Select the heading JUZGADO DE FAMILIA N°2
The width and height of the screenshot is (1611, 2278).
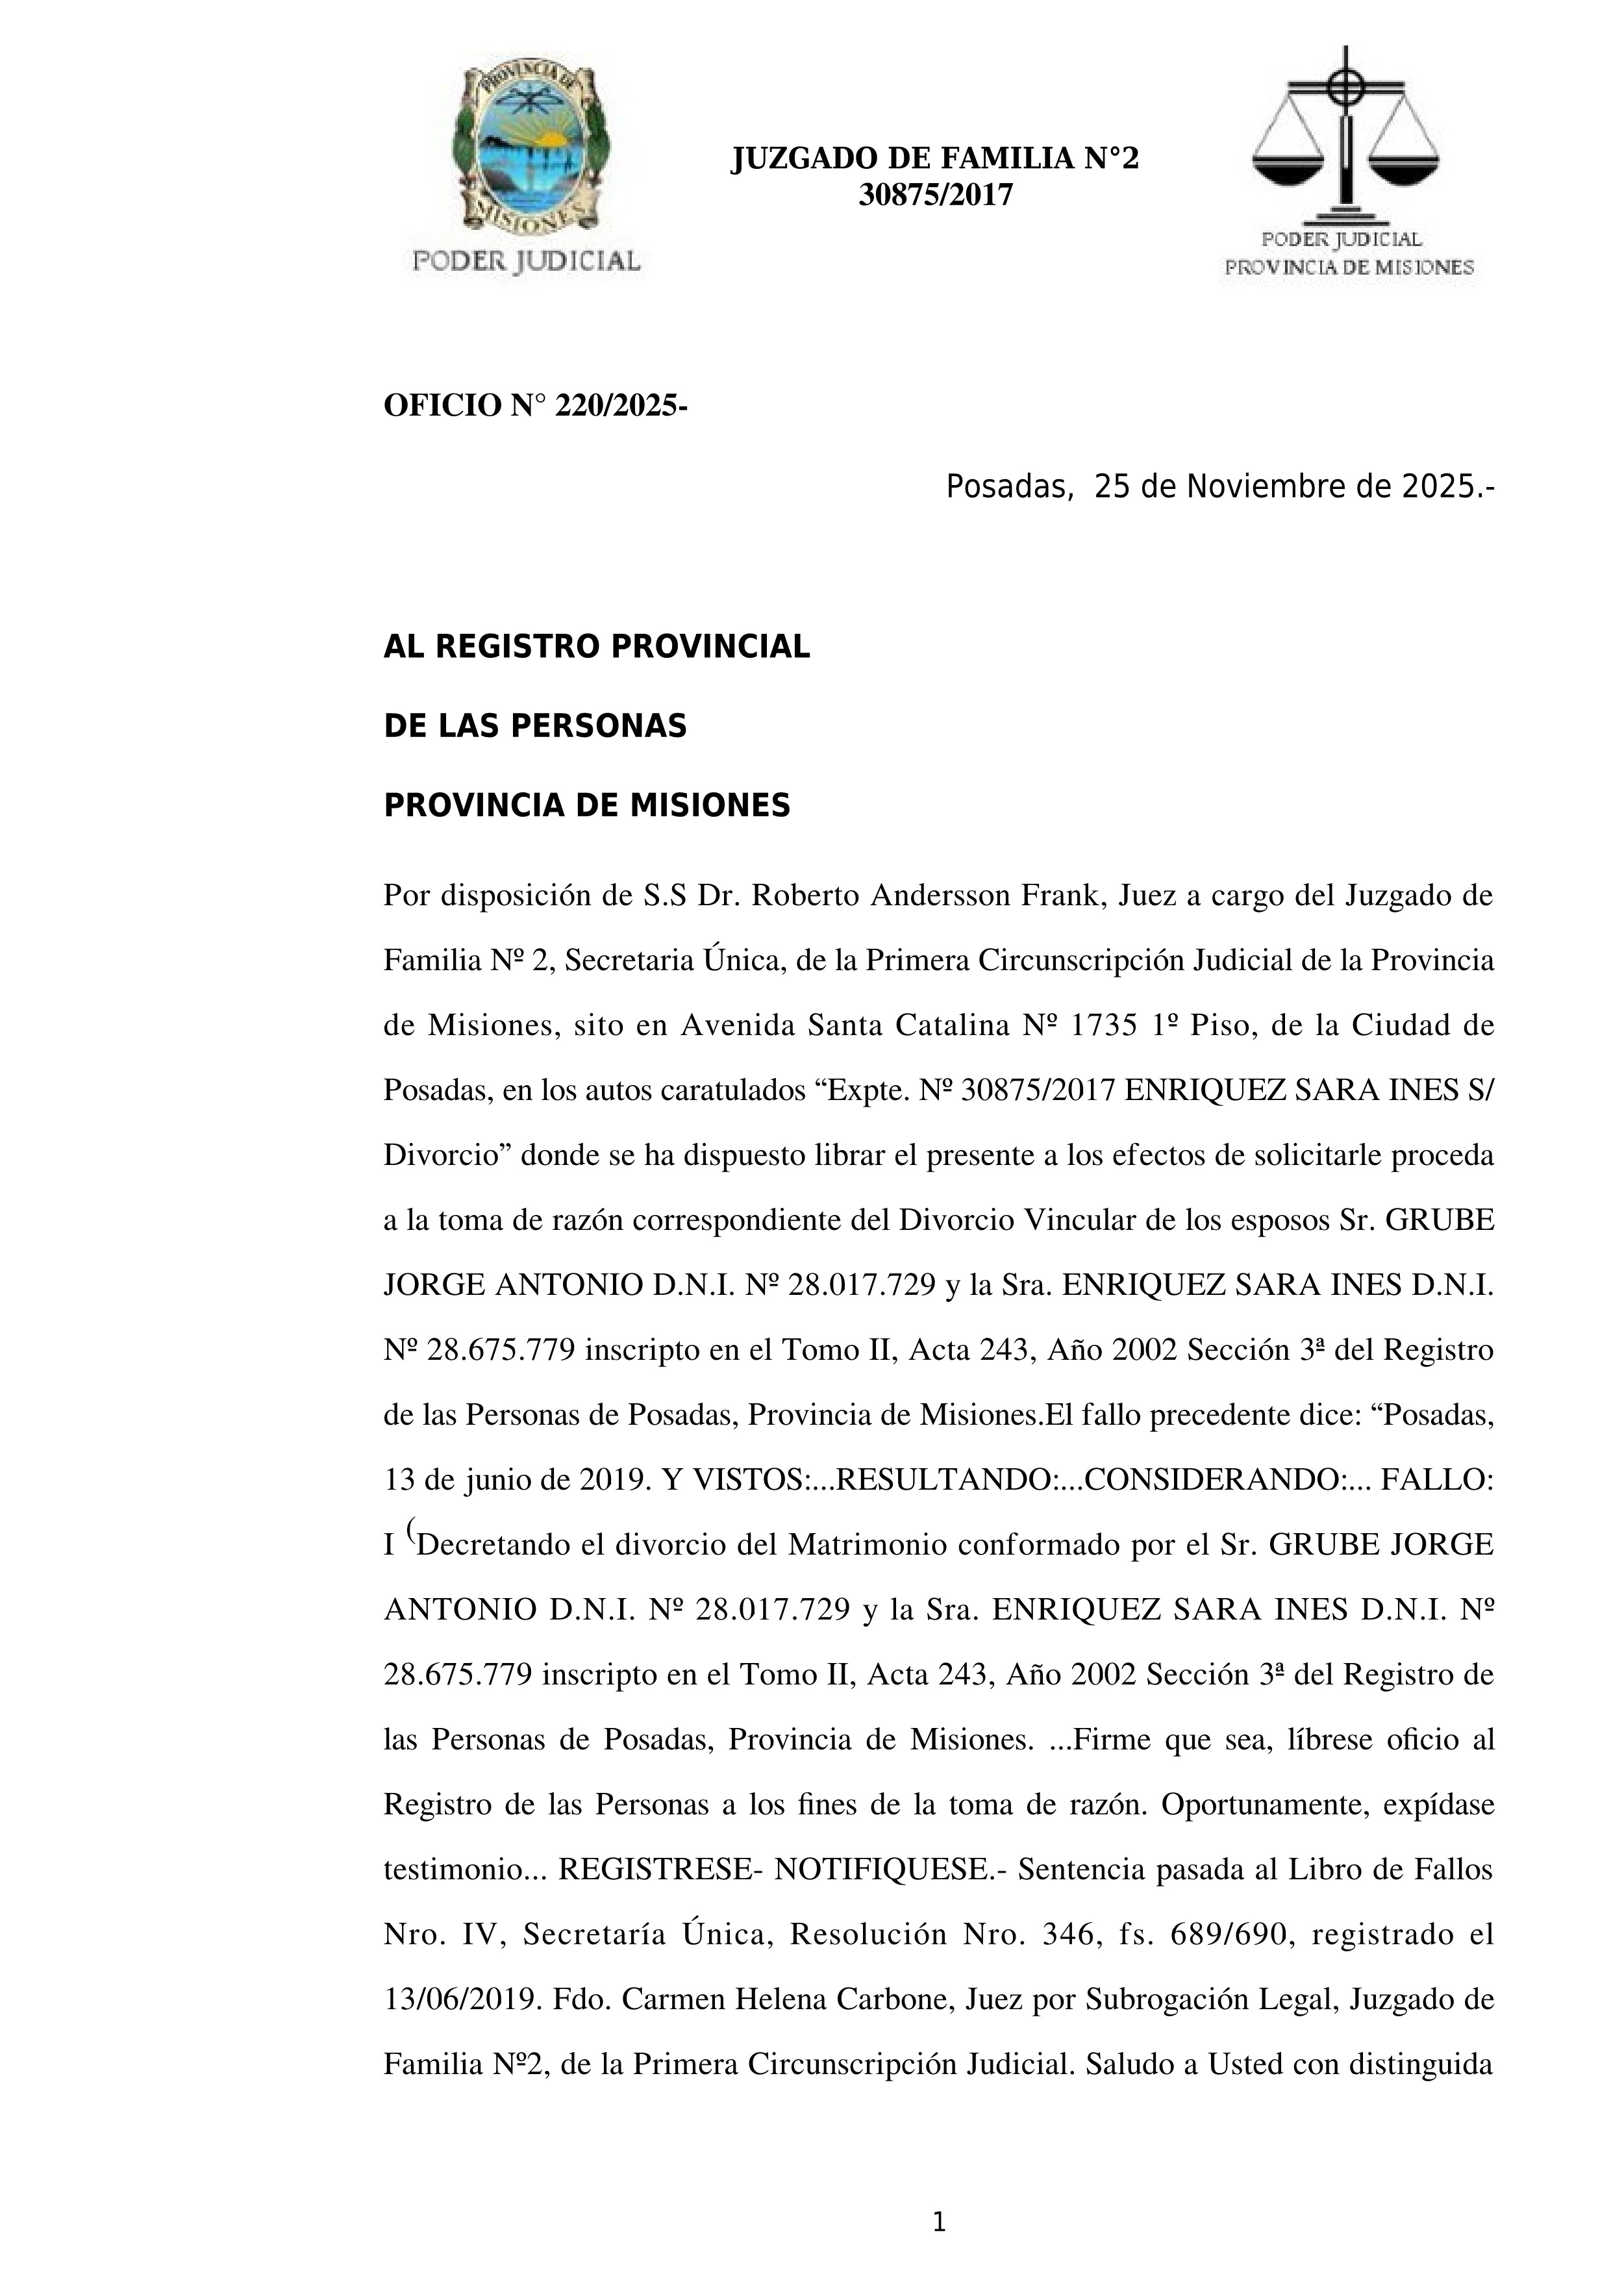[934, 158]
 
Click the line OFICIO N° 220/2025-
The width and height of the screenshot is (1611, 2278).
[536, 406]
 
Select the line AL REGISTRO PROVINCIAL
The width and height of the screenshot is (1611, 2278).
[596, 647]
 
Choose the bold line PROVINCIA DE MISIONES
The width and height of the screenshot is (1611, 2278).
[586, 806]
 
